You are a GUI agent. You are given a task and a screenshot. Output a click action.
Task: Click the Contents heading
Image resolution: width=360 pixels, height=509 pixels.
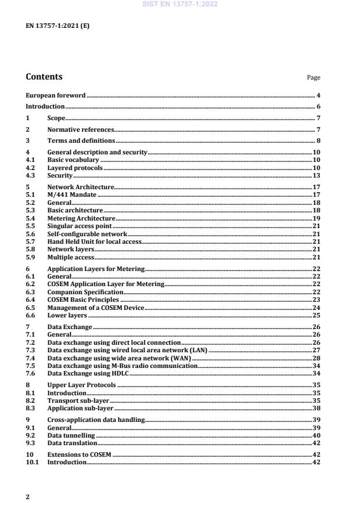click(x=44, y=77)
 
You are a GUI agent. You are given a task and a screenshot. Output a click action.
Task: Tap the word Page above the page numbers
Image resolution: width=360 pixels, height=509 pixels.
click(x=314, y=78)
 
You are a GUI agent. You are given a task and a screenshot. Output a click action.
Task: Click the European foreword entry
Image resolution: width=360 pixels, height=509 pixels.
click(x=55, y=95)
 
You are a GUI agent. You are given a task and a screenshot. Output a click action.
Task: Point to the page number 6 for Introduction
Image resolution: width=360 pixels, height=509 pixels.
click(x=318, y=107)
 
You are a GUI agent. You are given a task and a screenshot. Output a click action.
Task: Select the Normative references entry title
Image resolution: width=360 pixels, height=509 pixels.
click(x=80, y=129)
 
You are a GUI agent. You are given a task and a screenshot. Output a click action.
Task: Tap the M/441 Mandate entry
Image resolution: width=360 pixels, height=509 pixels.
click(x=73, y=195)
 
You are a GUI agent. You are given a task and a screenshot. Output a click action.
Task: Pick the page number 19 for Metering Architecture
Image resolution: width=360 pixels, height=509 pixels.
click(x=317, y=218)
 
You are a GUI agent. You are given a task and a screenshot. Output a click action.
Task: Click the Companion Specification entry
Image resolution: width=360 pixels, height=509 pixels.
click(x=85, y=292)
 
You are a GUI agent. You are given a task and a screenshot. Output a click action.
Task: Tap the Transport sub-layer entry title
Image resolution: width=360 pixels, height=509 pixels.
click(x=78, y=400)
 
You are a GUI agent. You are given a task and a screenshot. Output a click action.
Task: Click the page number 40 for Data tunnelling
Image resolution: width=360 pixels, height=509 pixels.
click(x=317, y=435)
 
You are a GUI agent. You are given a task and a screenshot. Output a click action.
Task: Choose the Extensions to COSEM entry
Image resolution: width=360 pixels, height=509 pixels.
click(x=79, y=455)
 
